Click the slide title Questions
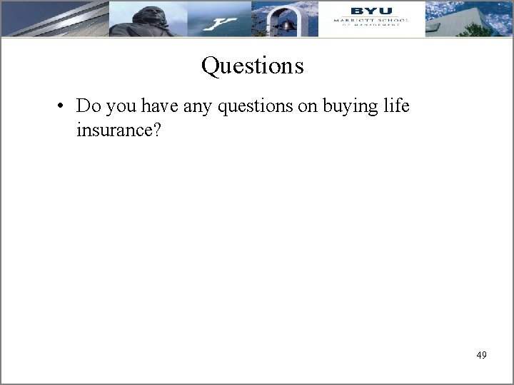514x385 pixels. (252, 66)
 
